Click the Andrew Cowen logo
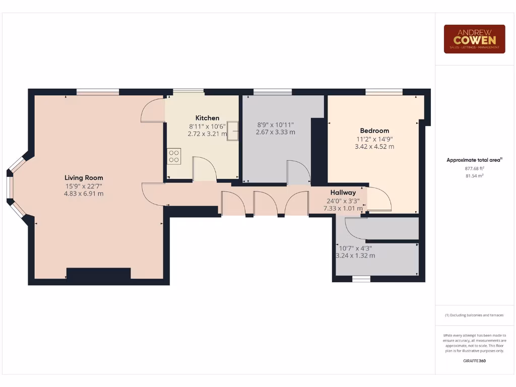coord(474,39)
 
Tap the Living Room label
coord(84,177)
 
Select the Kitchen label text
coord(207,118)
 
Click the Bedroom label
coord(374,131)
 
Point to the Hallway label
coord(343,192)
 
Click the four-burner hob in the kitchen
coord(174,156)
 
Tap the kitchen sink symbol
coord(233,131)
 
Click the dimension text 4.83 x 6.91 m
coord(84,193)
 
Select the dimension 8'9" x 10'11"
coord(275,124)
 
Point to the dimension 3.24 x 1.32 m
coord(355,255)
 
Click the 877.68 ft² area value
coord(474,169)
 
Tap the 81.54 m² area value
coord(474,176)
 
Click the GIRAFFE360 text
coord(474,361)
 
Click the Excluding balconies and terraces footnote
coord(474,315)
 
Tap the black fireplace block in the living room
coord(98,274)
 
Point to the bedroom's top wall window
coord(384,92)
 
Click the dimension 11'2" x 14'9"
coord(374,139)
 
